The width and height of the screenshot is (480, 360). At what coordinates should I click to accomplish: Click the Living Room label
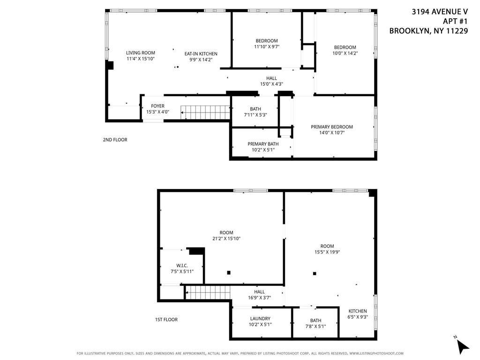click(x=140, y=53)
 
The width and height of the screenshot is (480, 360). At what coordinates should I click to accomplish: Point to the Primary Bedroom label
click(x=332, y=127)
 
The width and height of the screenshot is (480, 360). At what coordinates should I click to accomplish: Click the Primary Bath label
click(x=263, y=144)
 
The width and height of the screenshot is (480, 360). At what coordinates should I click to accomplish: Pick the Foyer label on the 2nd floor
click(x=157, y=106)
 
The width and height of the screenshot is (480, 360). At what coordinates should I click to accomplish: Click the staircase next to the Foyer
click(x=206, y=113)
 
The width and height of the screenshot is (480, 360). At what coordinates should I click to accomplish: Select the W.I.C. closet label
click(x=182, y=266)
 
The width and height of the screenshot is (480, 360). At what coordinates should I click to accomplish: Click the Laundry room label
click(x=260, y=319)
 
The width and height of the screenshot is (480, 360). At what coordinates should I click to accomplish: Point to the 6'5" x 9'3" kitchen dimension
click(x=358, y=317)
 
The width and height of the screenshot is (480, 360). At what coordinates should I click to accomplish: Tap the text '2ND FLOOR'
click(x=115, y=140)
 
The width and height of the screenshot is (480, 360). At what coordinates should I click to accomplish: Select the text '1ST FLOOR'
click(x=166, y=320)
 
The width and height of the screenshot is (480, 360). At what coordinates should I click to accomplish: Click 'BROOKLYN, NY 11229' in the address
click(x=429, y=31)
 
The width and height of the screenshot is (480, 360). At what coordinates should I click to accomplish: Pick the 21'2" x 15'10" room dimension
click(x=226, y=239)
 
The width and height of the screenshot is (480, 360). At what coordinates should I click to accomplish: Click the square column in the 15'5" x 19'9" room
click(x=315, y=274)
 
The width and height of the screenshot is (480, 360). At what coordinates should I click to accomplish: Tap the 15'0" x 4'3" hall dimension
click(x=271, y=84)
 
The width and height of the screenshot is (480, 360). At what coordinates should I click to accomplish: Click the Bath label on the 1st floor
click(x=315, y=321)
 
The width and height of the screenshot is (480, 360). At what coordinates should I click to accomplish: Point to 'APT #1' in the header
click(x=456, y=21)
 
